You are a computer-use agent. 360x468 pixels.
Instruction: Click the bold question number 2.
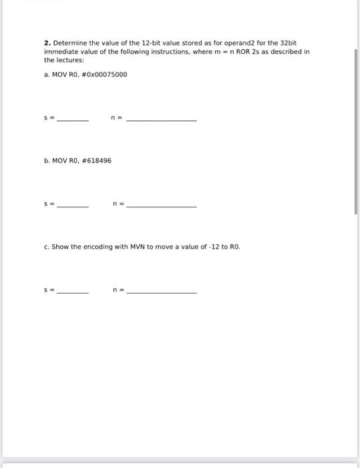pyautogui.click(x=47, y=42)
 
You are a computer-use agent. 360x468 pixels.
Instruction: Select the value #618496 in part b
pyautogui.click(x=96, y=160)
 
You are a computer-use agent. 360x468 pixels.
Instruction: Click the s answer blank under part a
pyautogui.click(x=72, y=119)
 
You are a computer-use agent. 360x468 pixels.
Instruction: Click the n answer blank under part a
pyautogui.click(x=161, y=119)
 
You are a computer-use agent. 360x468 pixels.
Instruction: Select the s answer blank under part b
pyautogui.click(x=72, y=206)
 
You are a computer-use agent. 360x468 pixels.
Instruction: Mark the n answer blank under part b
pyautogui.click(x=161, y=206)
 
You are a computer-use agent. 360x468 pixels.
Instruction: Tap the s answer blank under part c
pyautogui.click(x=72, y=292)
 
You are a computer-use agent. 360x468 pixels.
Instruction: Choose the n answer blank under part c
pyautogui.click(x=161, y=292)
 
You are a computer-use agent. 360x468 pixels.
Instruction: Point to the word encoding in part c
pyautogui.click(x=97, y=247)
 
